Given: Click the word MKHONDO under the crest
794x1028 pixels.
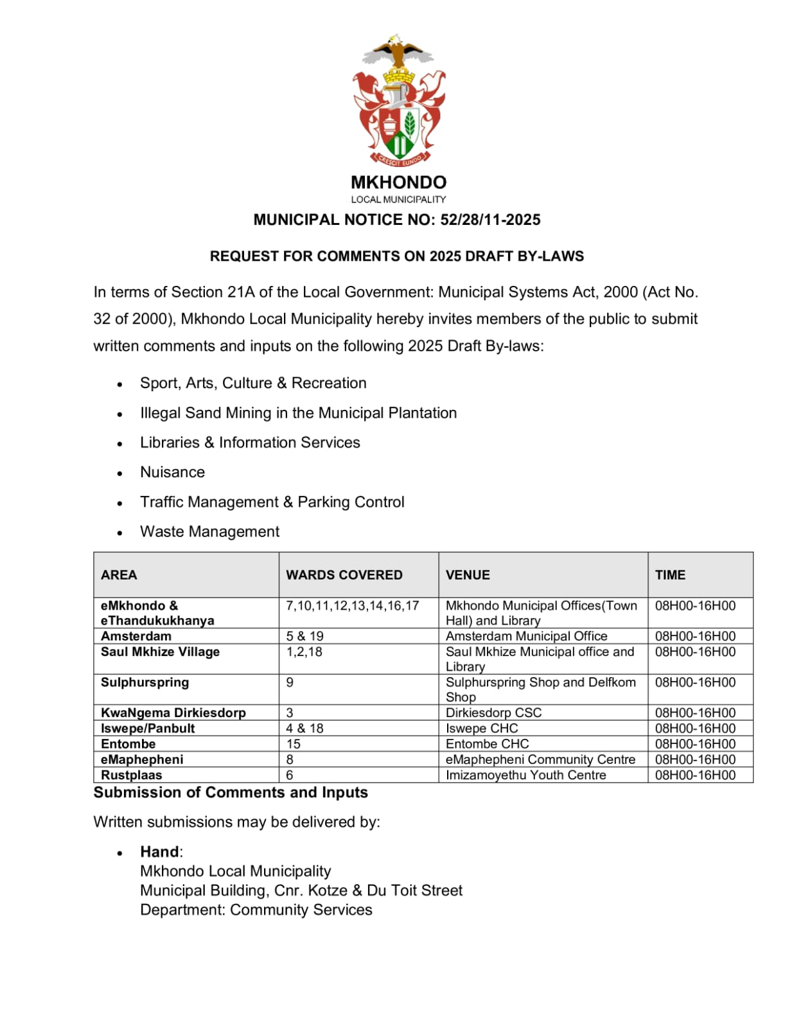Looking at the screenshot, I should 398,182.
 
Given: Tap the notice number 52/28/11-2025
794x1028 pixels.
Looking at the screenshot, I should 490,220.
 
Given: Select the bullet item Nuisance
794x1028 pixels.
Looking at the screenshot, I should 172,472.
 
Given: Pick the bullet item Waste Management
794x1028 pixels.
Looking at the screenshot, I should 209,532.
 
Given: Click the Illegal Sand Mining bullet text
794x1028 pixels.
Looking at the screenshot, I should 298,413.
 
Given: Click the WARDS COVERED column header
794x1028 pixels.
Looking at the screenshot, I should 344,575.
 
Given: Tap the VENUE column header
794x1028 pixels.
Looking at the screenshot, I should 468,575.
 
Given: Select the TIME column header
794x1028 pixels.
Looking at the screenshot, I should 670,575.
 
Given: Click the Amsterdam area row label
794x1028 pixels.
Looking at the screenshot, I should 136,636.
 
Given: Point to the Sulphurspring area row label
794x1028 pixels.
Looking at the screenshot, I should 145,682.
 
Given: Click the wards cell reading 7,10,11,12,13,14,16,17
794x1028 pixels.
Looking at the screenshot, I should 352,606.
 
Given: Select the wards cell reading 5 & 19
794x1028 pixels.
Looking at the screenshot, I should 304,636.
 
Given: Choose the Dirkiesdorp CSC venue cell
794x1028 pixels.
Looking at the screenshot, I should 493,713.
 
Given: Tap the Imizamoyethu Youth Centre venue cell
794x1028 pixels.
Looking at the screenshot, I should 525,775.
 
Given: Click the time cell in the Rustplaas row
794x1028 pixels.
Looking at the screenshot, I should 695,775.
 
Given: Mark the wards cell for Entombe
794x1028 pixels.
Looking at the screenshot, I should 293,744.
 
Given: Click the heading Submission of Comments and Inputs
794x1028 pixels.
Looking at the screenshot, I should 231,793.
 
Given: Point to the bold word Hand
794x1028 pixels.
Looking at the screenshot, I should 160,852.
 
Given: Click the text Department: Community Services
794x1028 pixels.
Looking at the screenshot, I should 256,910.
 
